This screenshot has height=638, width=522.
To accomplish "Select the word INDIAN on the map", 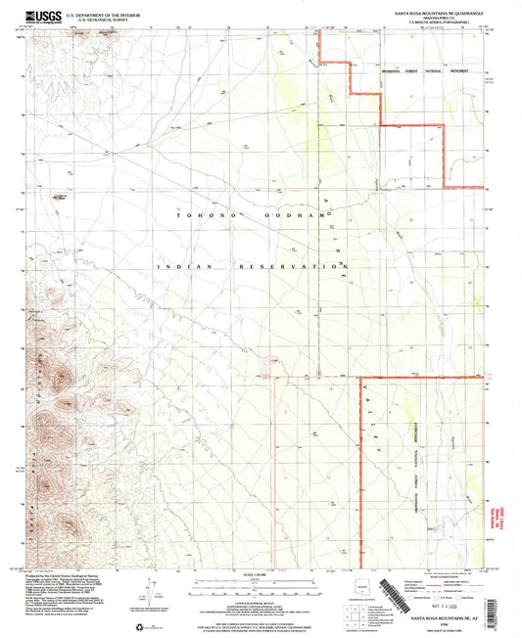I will coord(184,266).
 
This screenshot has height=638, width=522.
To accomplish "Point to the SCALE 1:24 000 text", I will coord(261,574).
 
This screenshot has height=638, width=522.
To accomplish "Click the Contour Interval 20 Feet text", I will coord(261,594).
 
